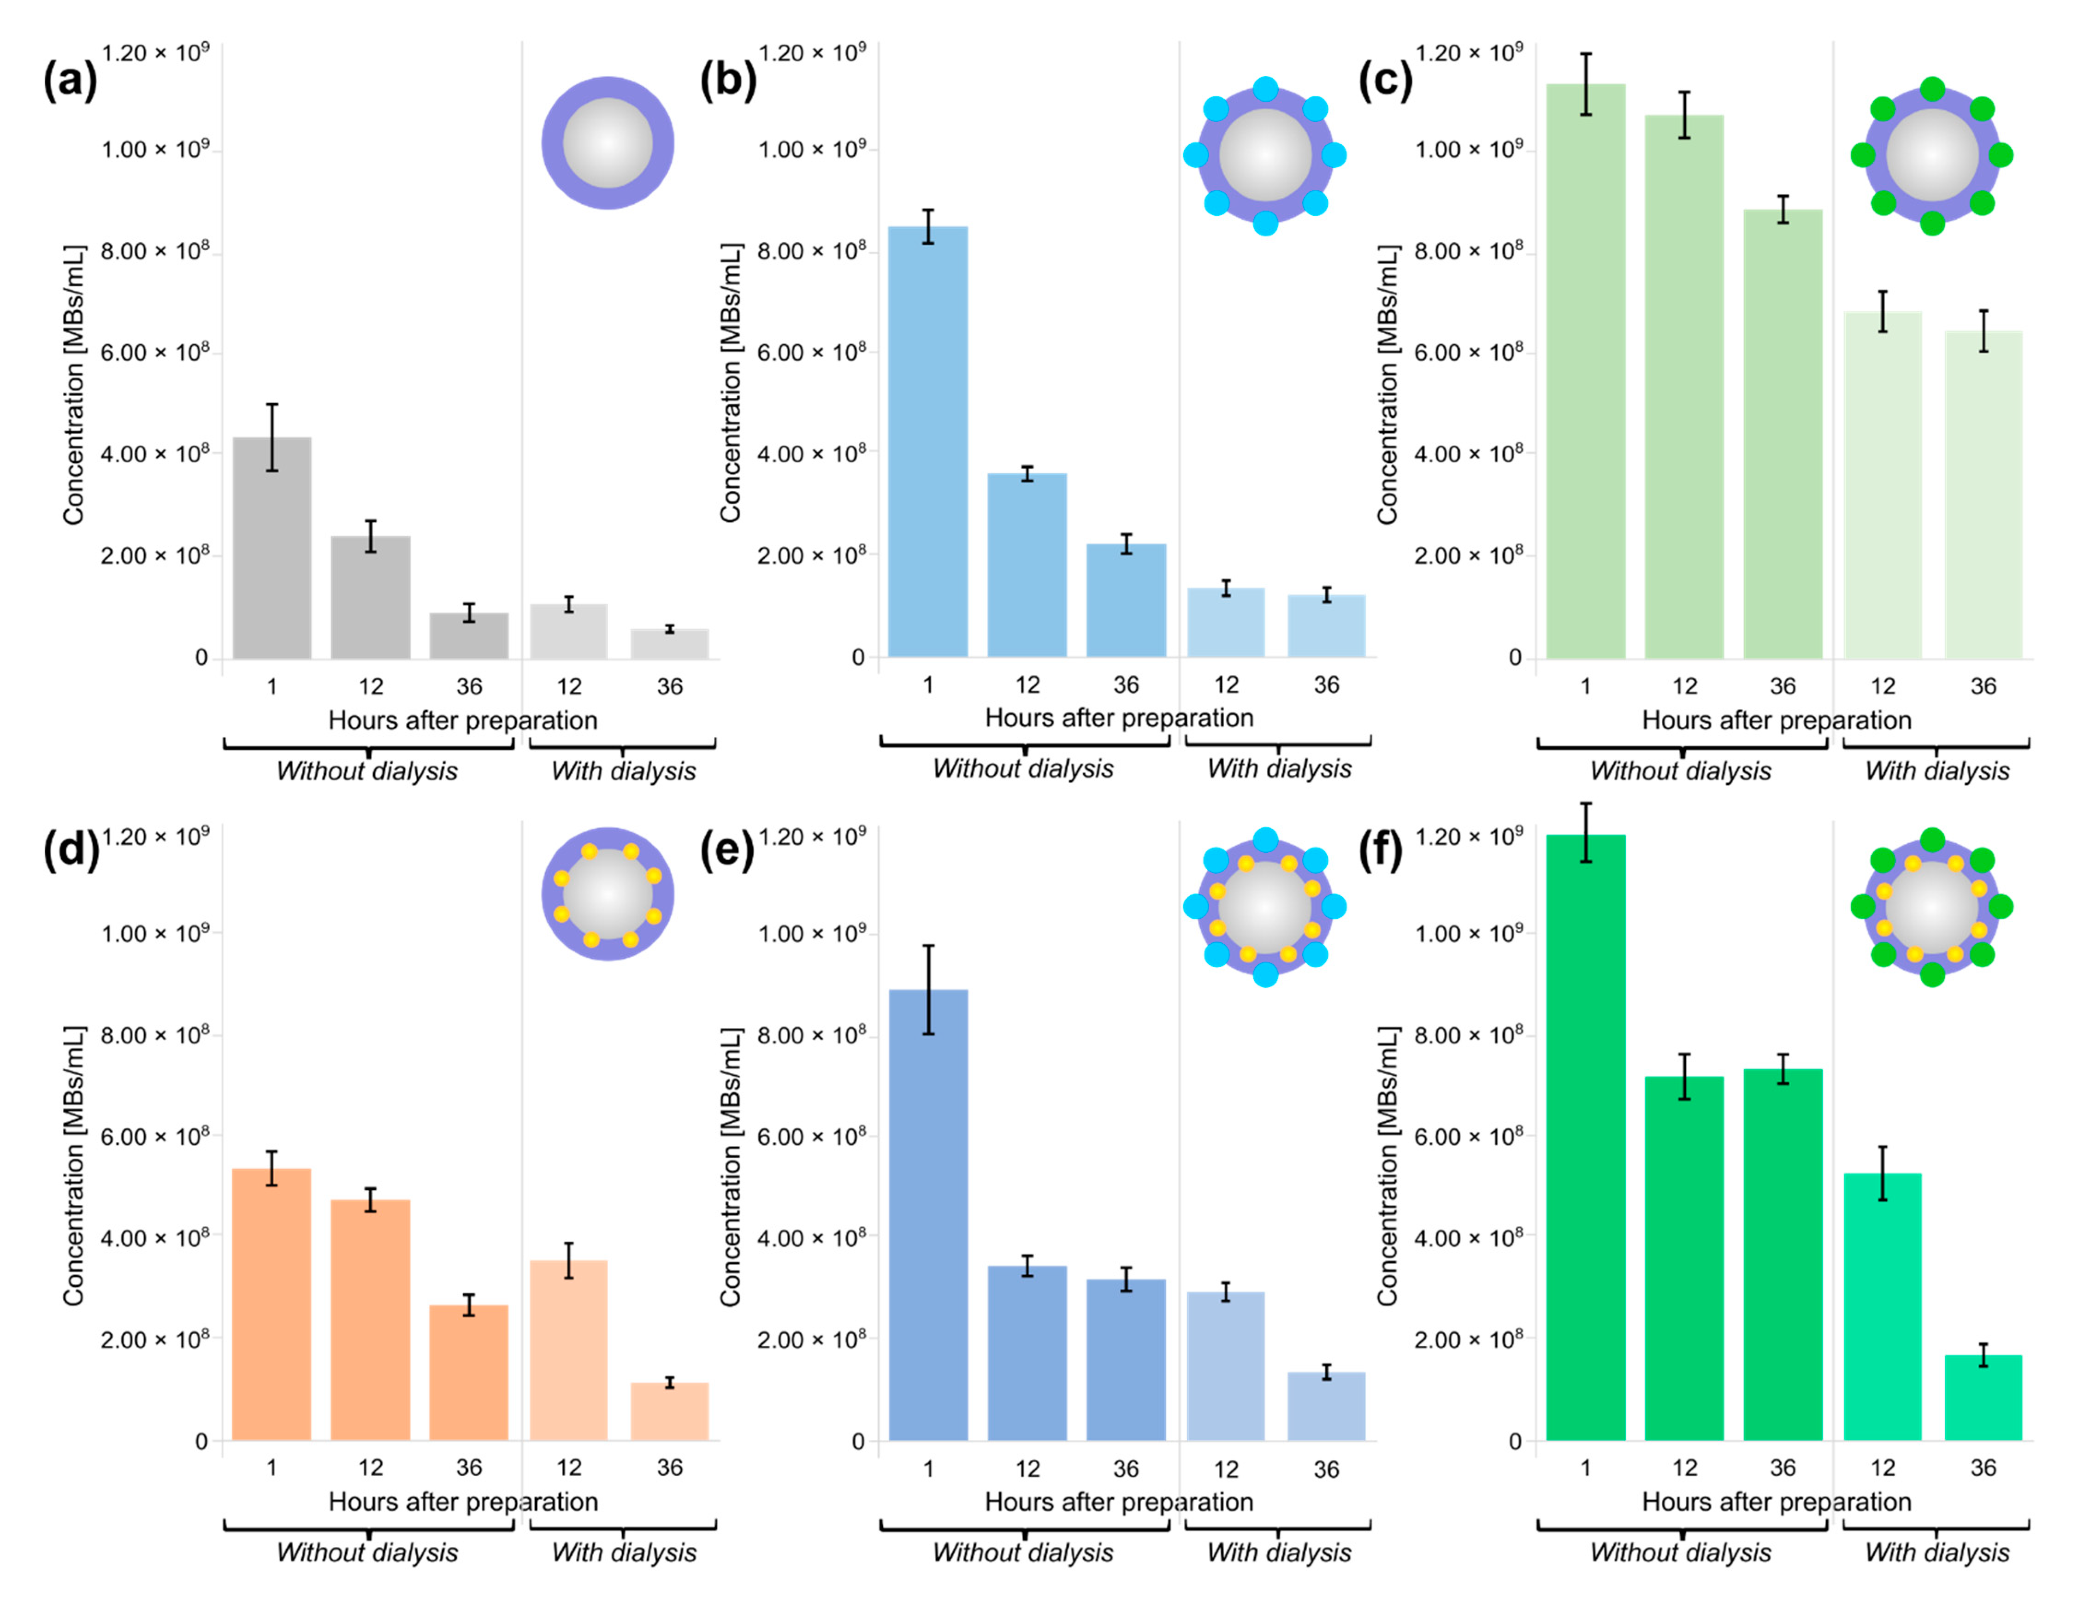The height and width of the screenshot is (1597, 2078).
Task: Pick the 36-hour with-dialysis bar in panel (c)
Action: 1983,494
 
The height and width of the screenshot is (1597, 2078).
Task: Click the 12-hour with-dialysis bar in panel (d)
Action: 568,1350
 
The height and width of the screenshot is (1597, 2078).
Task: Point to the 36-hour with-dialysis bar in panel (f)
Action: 1983,1397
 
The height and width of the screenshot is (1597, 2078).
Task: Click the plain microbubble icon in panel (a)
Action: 608,142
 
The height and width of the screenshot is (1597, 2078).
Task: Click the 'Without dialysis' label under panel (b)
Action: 1023,768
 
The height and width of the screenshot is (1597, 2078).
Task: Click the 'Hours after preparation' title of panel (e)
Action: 1119,1502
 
